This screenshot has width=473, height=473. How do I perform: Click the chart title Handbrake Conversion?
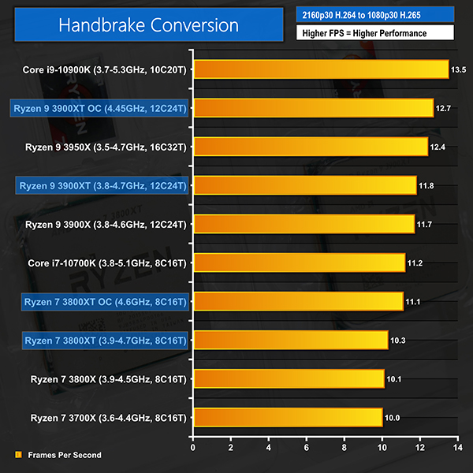[149, 25]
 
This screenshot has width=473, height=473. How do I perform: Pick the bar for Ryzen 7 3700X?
[288, 417]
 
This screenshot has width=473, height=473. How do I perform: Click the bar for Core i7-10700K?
[299, 263]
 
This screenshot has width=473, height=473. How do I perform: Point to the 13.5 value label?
[458, 69]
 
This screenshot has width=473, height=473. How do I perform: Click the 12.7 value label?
[442, 108]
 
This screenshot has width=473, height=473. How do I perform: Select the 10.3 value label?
[397, 340]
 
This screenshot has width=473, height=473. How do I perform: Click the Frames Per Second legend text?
[64, 455]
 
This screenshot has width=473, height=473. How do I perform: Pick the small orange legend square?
[18, 455]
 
